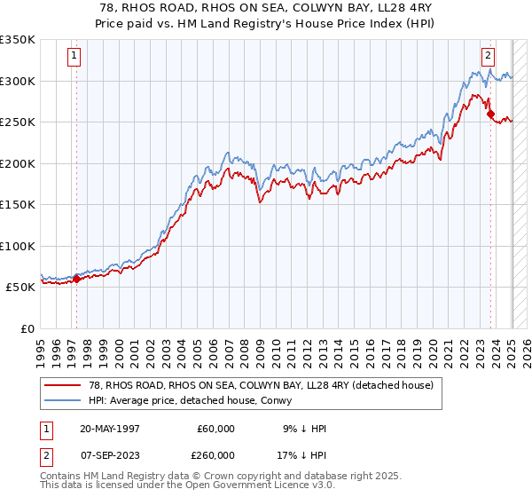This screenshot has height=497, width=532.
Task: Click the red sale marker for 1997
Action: click(76, 279)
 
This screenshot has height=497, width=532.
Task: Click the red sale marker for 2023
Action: click(489, 114)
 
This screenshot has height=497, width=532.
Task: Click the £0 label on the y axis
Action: click(27, 328)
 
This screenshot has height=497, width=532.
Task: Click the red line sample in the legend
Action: click(63, 385)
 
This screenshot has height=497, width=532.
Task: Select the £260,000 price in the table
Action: click(216, 455)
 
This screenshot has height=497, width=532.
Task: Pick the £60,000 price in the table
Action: click(216, 429)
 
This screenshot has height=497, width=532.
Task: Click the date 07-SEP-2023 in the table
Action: click(110, 455)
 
